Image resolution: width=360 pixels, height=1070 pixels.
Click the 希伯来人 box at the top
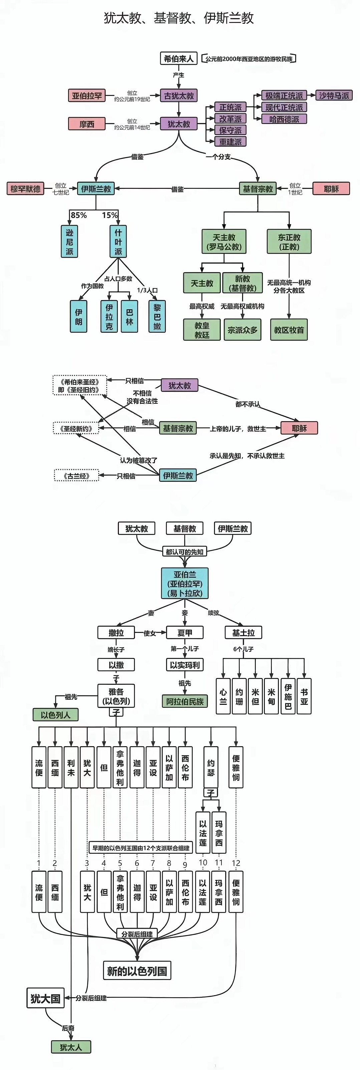tap(179, 58)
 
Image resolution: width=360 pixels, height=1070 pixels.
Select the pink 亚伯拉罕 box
tap(87, 96)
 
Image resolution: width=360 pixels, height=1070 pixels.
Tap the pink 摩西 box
tap(87, 124)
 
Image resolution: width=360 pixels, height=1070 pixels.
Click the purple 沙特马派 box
tap(334, 96)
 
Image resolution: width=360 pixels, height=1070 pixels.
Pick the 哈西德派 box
tap(284, 119)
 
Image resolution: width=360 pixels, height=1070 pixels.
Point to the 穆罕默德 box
tap(25, 188)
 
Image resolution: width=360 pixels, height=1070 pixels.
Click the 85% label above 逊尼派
tap(78, 215)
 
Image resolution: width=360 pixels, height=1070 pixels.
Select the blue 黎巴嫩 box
tap(157, 316)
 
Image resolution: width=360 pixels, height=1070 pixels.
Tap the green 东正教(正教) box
tap(289, 242)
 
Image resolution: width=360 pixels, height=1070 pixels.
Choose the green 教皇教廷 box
tap(202, 330)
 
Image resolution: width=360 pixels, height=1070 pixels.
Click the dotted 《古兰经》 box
tap(76, 476)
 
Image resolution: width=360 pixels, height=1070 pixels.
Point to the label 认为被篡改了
tap(138, 460)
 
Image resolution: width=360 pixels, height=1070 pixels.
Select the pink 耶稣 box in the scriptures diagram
tap(299, 428)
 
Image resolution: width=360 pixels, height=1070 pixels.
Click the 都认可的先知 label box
tap(184, 552)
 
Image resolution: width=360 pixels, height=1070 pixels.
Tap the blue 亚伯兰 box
tap(185, 583)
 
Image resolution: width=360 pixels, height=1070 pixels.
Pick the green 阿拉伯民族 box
tap(185, 701)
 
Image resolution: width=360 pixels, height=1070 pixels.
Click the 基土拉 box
tap(243, 633)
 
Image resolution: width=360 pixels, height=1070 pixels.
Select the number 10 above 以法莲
tap(203, 863)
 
